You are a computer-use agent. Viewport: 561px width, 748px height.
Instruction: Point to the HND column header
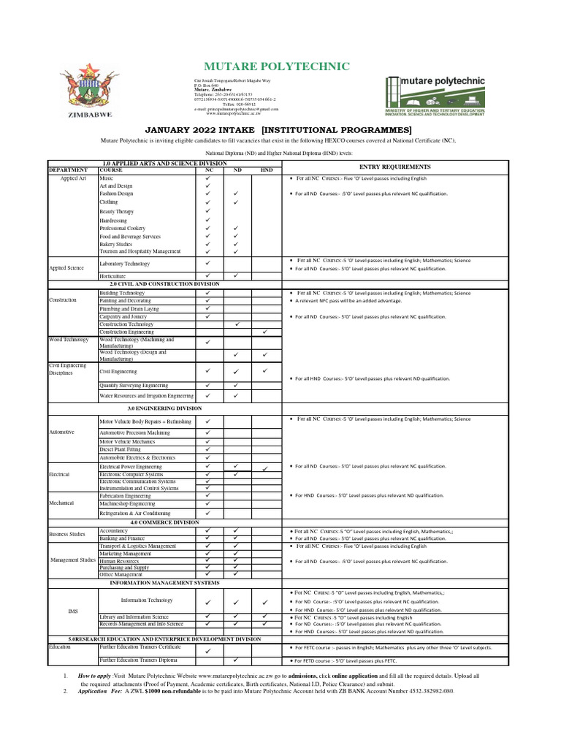pyautogui.click(x=266, y=169)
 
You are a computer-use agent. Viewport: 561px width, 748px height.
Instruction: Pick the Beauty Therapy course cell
pyautogui.click(x=117, y=211)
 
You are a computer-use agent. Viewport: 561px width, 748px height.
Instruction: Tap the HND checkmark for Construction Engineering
pyautogui.click(x=265, y=332)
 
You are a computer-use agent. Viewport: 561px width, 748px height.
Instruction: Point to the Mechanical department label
pyautogui.click(x=62, y=503)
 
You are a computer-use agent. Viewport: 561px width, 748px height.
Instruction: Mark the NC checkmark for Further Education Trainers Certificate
pyautogui.click(x=207, y=649)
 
